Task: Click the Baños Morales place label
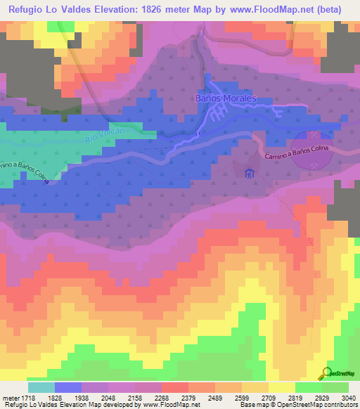coord(226,99)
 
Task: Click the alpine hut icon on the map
coord(247,172)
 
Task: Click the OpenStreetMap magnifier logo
coord(328,373)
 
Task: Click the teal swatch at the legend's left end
coord(41,387)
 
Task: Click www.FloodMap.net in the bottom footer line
coord(169,405)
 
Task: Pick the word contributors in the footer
coord(340,405)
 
